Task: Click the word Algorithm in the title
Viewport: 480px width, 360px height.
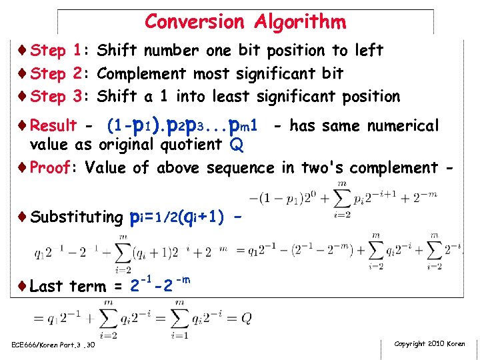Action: (x=300, y=23)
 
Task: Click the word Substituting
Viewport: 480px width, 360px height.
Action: (x=77, y=217)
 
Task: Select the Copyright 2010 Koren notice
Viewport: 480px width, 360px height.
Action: (x=430, y=344)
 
